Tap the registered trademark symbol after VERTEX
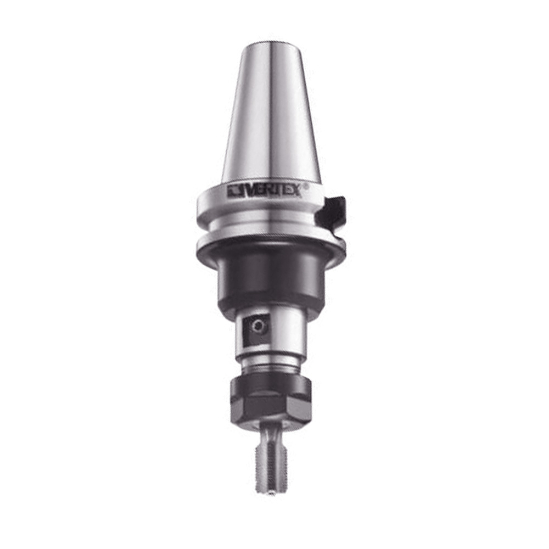[x=306, y=187]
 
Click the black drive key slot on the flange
[x=333, y=214]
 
